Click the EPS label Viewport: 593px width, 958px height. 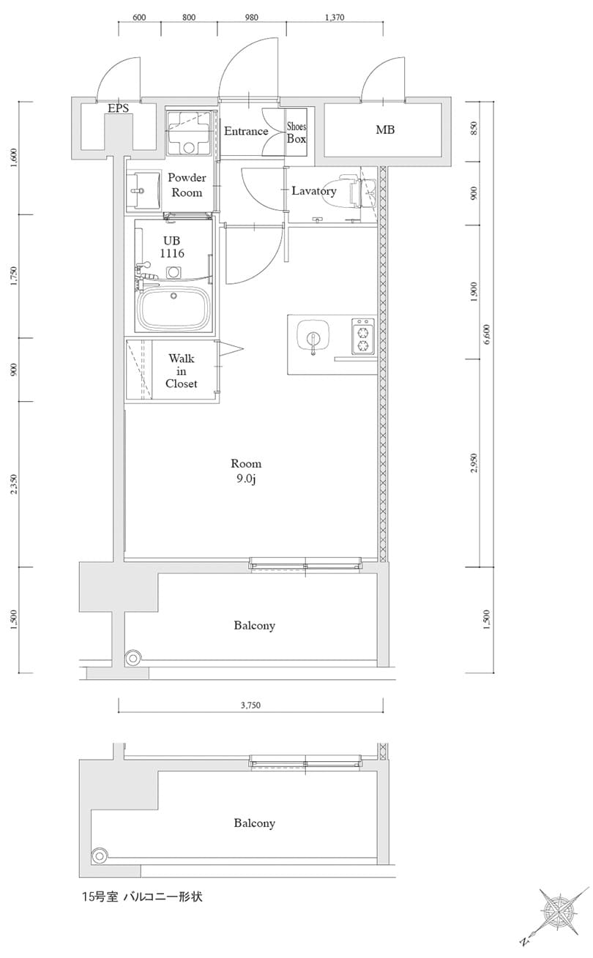[x=118, y=108]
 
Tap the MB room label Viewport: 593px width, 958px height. [x=385, y=130]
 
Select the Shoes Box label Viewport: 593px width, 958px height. [x=296, y=132]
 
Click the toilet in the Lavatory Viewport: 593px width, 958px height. [x=353, y=192]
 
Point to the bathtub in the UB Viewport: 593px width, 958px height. [x=174, y=308]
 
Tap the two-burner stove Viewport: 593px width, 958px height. [x=362, y=336]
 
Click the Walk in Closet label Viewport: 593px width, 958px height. [x=181, y=370]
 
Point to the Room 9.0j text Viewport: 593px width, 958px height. [x=246, y=471]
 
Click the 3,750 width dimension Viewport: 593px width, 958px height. [x=250, y=706]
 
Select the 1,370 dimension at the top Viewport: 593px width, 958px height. [x=333, y=18]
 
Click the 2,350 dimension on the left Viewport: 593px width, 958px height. [x=14, y=484]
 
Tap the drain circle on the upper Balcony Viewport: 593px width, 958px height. [x=133, y=658]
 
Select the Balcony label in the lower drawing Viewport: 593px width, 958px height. [x=254, y=823]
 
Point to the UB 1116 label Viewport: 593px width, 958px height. [x=174, y=247]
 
